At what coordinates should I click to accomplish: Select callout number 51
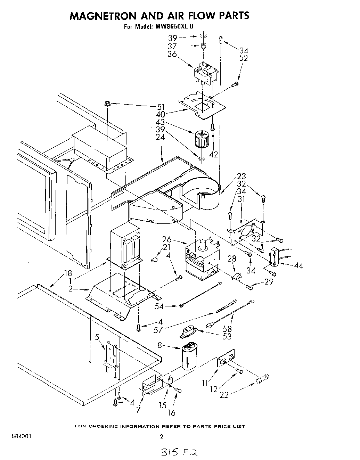[x=161, y=107]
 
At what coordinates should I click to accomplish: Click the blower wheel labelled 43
[x=201, y=139]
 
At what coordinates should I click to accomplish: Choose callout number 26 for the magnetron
[x=167, y=239]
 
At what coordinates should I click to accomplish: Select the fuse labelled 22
[x=263, y=379]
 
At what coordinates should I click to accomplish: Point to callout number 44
[x=298, y=266]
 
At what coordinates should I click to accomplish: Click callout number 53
[x=227, y=336]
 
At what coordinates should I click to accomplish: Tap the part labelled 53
[x=188, y=332]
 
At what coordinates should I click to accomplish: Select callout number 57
[x=158, y=330]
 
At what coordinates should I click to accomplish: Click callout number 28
[x=231, y=258]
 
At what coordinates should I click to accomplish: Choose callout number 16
[x=171, y=412]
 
